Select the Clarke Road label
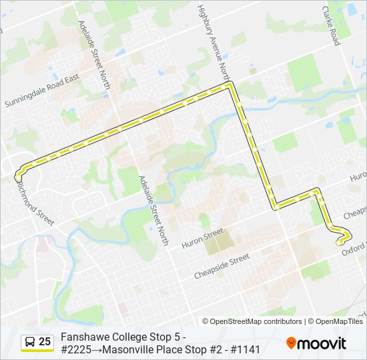[x=331, y=26]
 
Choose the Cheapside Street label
[x=222, y=265]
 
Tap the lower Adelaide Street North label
[x=153, y=207]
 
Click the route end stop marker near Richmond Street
[x=18, y=177]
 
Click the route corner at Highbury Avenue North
[x=230, y=85]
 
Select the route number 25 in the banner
[x=45, y=342]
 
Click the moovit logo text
[x=322, y=344]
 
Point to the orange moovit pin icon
[x=292, y=343]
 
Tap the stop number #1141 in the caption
[x=244, y=349]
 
